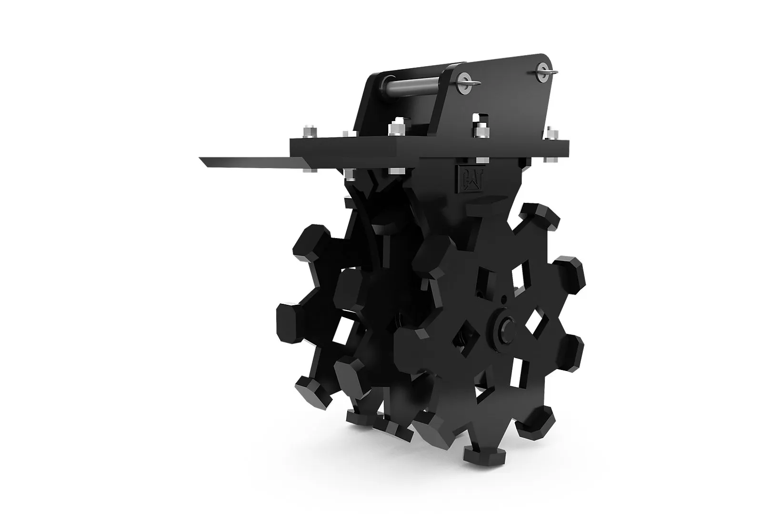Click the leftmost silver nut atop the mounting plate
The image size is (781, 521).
click(x=310, y=132)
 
